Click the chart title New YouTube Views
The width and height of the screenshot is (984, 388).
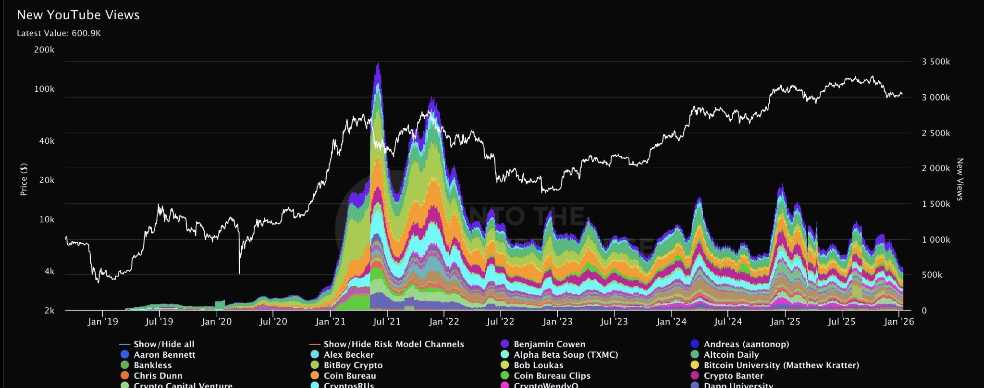(78, 15)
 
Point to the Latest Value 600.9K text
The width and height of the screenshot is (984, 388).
(59, 33)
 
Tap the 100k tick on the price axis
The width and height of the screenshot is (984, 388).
(44, 89)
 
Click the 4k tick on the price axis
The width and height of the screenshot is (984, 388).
(49, 272)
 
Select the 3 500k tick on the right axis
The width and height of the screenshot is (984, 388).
(935, 62)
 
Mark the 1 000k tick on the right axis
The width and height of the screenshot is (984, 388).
(935, 239)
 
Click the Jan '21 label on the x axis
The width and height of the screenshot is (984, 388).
(330, 322)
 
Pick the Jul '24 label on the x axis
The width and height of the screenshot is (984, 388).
(728, 322)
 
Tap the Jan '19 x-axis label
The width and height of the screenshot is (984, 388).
(103, 322)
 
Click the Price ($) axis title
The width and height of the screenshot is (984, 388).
(24, 179)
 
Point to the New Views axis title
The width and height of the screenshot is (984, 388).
(959, 179)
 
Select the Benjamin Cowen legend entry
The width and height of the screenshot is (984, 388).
(549, 344)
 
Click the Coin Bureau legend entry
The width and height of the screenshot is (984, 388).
(349, 376)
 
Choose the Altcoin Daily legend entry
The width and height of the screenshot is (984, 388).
(731, 355)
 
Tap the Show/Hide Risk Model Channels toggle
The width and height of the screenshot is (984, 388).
(394, 344)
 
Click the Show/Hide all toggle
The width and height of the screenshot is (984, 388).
(163, 344)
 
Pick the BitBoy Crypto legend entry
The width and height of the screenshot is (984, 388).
(353, 365)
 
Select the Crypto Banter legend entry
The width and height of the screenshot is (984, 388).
(733, 376)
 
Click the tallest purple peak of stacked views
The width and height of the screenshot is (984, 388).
(378, 65)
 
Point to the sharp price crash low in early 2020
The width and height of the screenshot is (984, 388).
(239, 273)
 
